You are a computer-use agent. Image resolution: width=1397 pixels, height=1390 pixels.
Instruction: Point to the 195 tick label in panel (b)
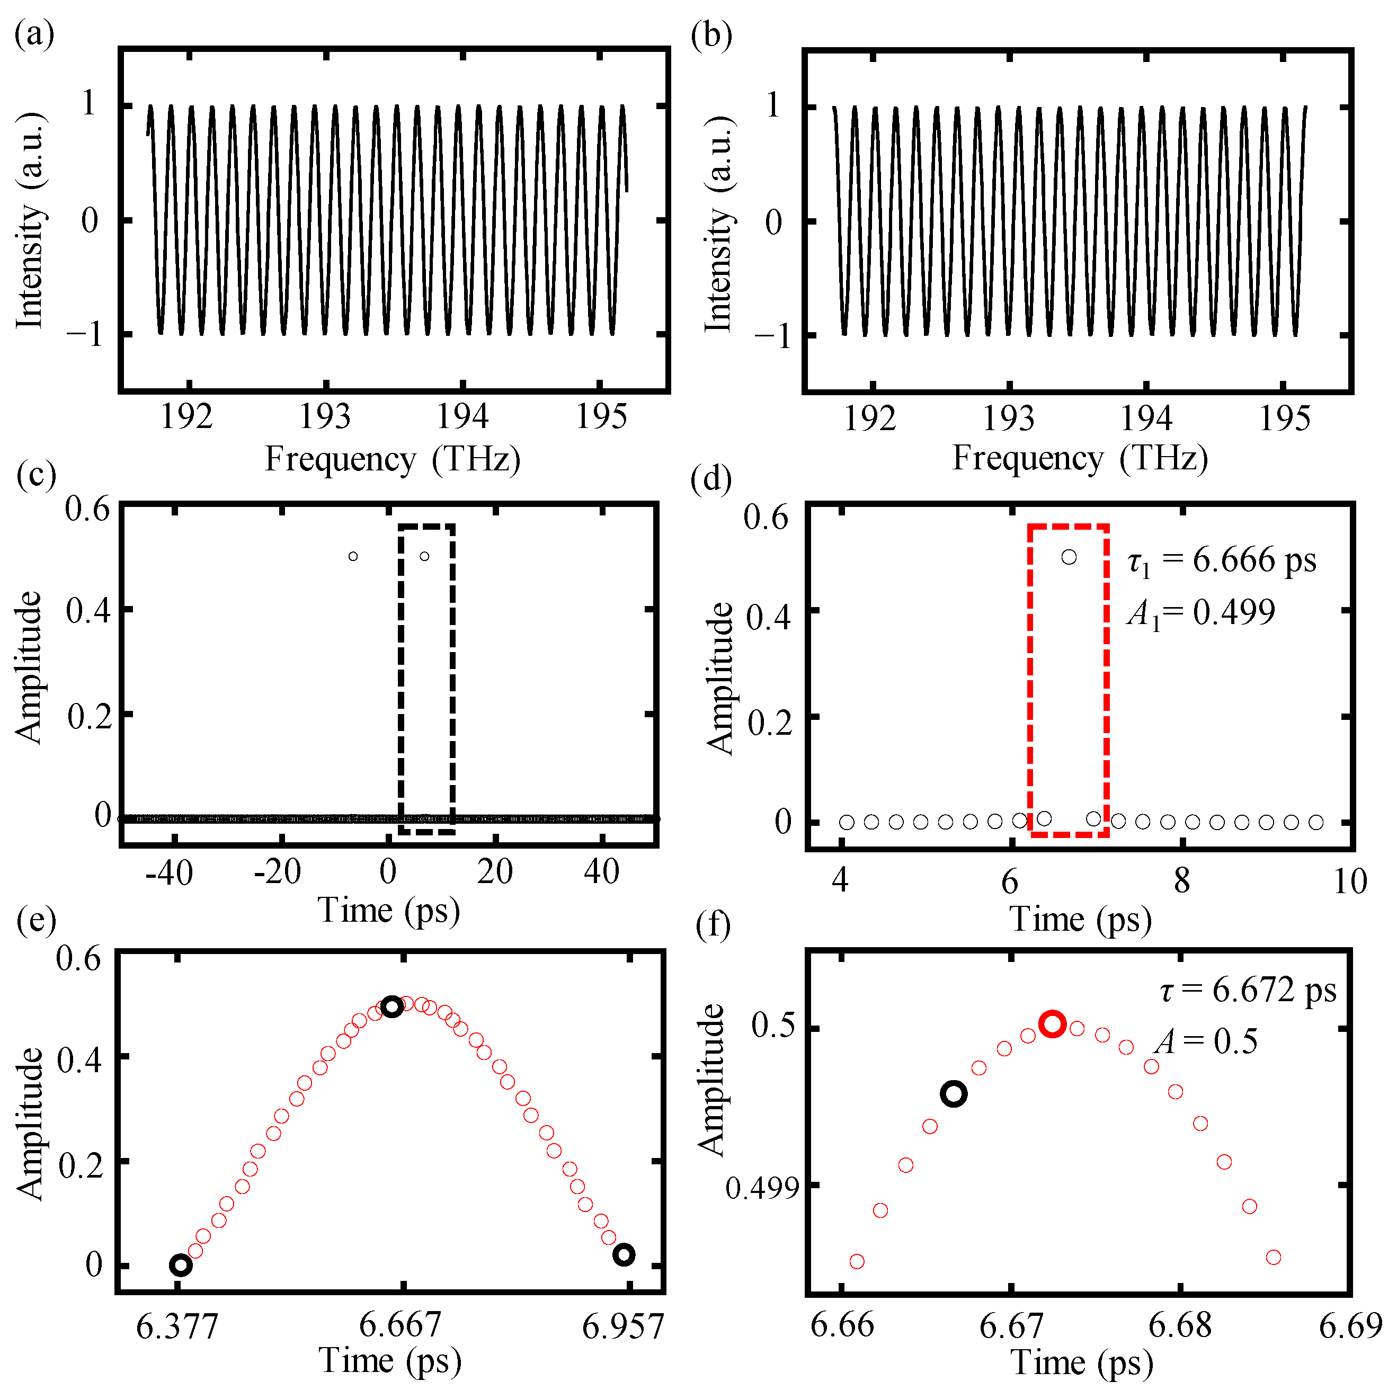point(1285,418)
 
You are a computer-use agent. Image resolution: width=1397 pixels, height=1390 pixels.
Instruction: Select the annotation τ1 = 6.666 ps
point(1222,560)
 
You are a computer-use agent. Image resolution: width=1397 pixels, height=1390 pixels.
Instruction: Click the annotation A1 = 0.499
point(1201,612)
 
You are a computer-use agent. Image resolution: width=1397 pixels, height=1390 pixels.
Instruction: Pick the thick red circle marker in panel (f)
point(1052,1024)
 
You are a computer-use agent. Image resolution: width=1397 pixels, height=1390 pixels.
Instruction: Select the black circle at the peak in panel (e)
point(391,1006)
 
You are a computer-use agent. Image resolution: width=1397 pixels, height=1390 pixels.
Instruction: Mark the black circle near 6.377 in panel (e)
point(181,1266)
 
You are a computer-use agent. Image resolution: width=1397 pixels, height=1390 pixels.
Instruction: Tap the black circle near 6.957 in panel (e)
point(624,1255)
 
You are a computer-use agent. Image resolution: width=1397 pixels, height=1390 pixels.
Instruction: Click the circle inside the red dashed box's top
point(1069,557)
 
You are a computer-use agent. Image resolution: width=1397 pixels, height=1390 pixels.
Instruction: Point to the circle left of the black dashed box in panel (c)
point(353,556)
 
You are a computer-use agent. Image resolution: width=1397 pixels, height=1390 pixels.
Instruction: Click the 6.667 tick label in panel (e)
point(400,1325)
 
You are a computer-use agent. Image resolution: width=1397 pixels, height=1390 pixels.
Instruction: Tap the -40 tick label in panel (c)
point(169,873)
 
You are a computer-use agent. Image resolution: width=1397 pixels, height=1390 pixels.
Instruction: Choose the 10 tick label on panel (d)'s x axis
point(1349,881)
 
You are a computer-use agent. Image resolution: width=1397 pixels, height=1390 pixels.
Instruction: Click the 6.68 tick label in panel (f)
point(1180,1325)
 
